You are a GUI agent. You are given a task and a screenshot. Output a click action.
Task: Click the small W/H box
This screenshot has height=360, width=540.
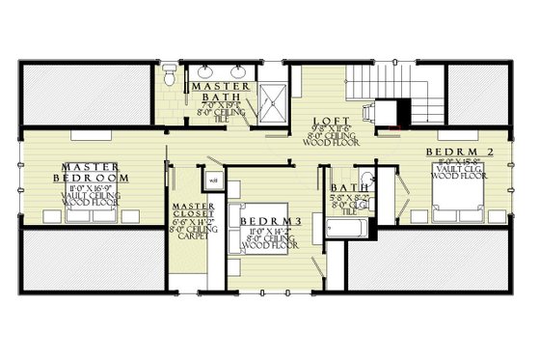click(x=213, y=180)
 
